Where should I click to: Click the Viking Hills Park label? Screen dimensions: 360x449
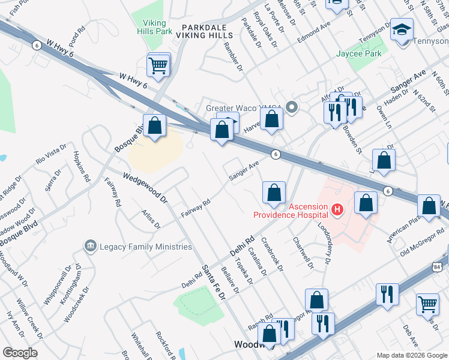point(154,27)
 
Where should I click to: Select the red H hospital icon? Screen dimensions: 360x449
point(337,209)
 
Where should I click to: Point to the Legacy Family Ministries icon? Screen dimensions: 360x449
point(91,246)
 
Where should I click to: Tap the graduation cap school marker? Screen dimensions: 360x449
point(402,29)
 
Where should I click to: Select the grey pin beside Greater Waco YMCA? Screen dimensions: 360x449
point(292,108)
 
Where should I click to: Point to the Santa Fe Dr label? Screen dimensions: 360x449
point(213,282)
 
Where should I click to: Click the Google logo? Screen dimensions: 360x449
point(20,353)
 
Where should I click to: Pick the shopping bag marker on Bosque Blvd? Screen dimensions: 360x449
point(155,126)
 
